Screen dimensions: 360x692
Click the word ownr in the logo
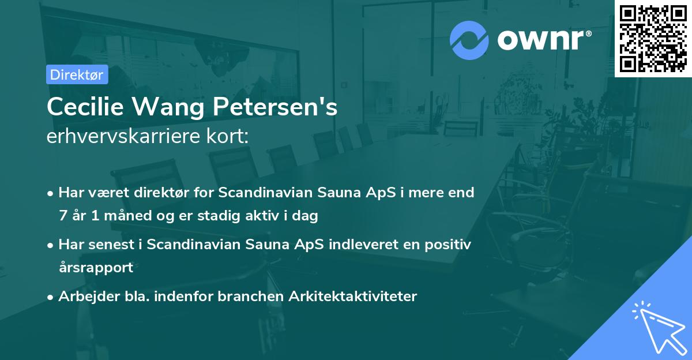point(542,40)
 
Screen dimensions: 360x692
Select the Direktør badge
point(77,74)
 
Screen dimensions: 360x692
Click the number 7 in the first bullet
point(62,216)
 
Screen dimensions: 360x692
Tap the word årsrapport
point(96,267)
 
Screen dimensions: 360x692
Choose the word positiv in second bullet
point(450,245)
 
